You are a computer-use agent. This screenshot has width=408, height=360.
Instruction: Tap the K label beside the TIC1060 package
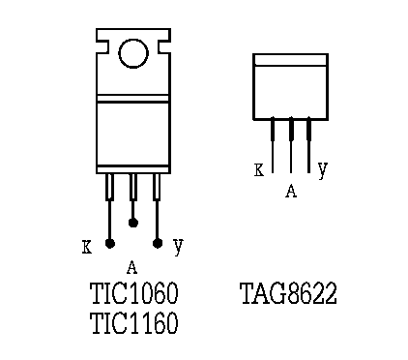pyautogui.click(x=87, y=247)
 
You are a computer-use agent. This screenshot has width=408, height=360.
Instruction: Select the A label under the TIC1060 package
pyautogui.click(x=131, y=267)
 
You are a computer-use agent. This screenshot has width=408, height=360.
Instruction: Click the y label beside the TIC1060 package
pyautogui.click(x=178, y=246)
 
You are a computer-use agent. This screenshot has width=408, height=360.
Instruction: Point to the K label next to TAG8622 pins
pyautogui.click(x=259, y=170)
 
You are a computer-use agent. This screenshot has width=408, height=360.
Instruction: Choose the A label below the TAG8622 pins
pyautogui.click(x=291, y=191)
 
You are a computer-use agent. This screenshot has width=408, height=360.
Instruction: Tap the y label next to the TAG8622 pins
pyautogui.click(x=323, y=169)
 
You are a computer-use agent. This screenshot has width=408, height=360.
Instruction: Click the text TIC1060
pyautogui.click(x=133, y=293)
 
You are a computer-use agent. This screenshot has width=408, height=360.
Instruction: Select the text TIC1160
pyautogui.click(x=133, y=323)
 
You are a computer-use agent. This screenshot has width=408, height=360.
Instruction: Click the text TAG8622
pyautogui.click(x=288, y=293)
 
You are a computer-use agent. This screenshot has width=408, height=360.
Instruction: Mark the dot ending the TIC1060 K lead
pyautogui.click(x=110, y=243)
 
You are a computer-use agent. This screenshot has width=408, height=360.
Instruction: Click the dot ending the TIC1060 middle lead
pyautogui.click(x=133, y=223)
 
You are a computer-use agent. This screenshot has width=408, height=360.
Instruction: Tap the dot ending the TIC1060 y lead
pyautogui.click(x=158, y=243)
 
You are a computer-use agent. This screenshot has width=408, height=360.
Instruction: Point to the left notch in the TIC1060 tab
pyautogui.click(x=102, y=46)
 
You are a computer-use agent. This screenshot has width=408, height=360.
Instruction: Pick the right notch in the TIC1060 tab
pyautogui.click(x=164, y=46)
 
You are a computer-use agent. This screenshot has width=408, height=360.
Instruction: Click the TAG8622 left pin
pyautogui.click(x=273, y=145)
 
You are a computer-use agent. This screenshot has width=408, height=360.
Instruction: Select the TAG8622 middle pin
pyautogui.click(x=291, y=145)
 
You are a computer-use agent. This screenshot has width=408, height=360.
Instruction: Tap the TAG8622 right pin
pyautogui.click(x=308, y=145)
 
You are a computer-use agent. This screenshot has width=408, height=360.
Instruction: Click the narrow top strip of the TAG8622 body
pyautogui.click(x=290, y=60)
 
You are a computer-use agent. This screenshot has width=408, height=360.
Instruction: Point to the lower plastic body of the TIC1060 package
pyautogui.click(x=133, y=134)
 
